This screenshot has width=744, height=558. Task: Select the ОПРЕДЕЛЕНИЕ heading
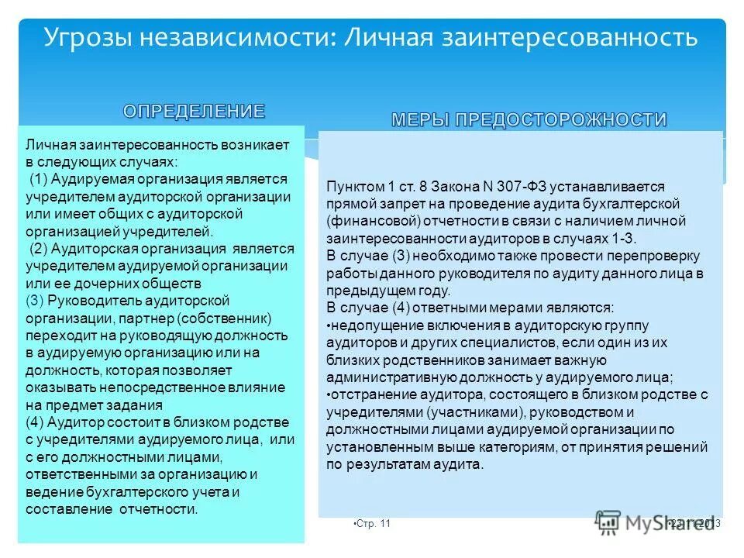(194, 111)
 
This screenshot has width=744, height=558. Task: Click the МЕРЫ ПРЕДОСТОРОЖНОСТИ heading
(529, 119)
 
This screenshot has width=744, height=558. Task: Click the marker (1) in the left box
(42, 180)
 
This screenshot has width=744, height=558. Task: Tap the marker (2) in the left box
(42, 249)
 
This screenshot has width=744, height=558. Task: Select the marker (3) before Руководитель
(36, 300)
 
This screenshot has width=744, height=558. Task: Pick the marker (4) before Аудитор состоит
(36, 422)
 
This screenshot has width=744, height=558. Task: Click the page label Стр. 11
(374, 524)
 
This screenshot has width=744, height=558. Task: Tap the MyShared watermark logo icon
(609, 522)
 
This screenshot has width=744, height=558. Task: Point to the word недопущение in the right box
(368, 324)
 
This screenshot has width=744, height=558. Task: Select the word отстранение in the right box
(367, 394)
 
